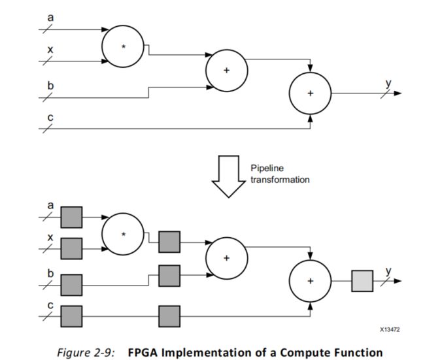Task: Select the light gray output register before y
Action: pos(362,281)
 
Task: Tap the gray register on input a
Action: pos(71,218)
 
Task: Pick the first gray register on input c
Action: pos(71,316)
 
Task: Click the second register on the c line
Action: pos(169,316)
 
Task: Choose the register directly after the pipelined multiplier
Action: pos(169,242)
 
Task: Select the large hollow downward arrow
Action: pos(228,176)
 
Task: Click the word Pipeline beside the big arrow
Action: pos(267,168)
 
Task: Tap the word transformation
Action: pos(280,180)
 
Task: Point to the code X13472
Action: pos(390,330)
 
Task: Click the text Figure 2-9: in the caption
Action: pos(86,353)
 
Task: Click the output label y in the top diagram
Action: pos(388,84)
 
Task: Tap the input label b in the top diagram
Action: pos(51,86)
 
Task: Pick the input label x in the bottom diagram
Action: pos(50,238)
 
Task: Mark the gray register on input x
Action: pos(71,249)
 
